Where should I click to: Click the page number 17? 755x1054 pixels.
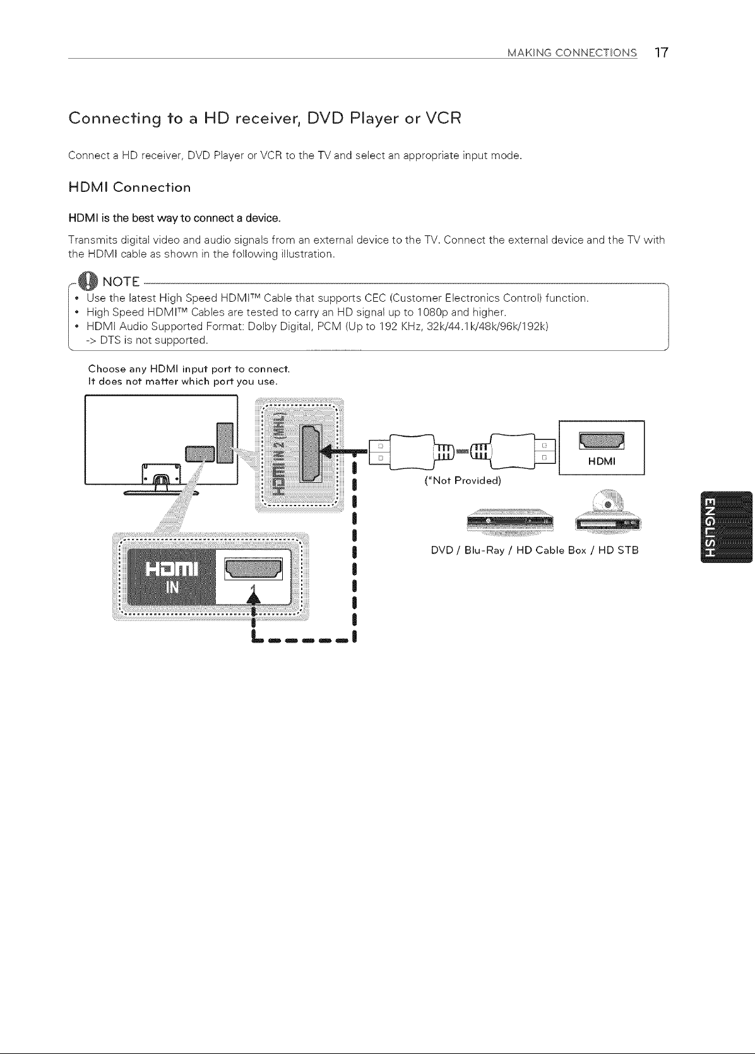click(x=661, y=52)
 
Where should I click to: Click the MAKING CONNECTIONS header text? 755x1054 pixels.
click(x=573, y=53)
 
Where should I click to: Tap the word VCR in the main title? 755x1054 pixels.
click(x=443, y=117)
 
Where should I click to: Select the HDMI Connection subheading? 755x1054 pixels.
click(x=130, y=187)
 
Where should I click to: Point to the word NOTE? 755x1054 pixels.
click(x=121, y=282)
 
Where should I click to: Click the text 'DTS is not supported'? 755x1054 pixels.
click(x=153, y=340)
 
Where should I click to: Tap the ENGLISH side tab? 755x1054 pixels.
click(x=727, y=526)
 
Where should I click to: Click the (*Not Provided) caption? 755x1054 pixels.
click(x=463, y=481)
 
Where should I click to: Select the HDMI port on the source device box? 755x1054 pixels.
click(x=602, y=441)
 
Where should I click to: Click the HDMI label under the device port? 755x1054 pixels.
click(x=602, y=461)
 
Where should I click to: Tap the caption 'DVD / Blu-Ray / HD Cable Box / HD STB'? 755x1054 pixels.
click(x=535, y=550)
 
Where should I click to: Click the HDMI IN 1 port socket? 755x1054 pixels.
click(x=253, y=569)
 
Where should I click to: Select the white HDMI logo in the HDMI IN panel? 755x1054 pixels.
click(x=172, y=569)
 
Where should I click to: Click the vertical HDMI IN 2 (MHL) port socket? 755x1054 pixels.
click(x=311, y=453)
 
